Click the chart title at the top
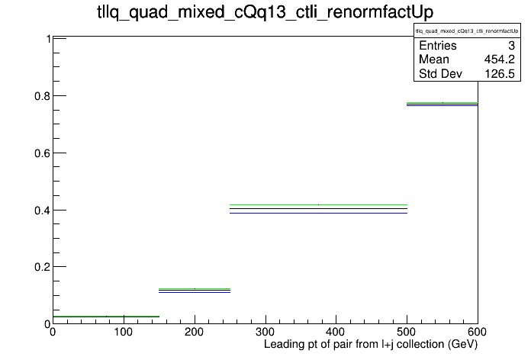[265, 12]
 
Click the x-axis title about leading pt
[371, 345]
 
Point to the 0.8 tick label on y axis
[43, 96]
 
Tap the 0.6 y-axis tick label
[43, 153]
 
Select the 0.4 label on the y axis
[43, 211]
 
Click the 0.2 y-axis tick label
[43, 267]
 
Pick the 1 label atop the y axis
[48, 39]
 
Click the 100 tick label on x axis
[124, 332]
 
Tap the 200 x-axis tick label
[194, 332]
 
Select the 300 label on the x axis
[265, 332]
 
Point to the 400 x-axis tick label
[336, 332]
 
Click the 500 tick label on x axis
[407, 332]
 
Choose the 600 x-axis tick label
[477, 332]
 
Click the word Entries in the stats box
[438, 45]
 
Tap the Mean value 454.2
[500, 59]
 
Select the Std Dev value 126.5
[500, 73]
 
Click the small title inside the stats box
[467, 31]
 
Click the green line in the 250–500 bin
[318, 205]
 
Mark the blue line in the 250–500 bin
[318, 213]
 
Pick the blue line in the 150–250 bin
[195, 292]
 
